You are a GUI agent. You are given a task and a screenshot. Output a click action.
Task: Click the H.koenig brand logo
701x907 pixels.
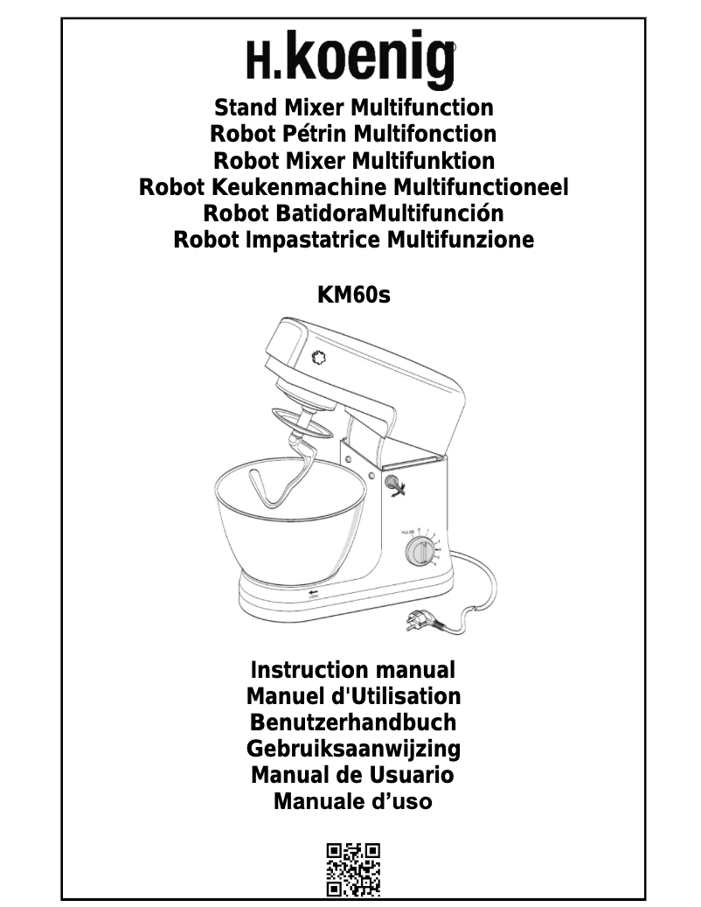pyautogui.click(x=351, y=60)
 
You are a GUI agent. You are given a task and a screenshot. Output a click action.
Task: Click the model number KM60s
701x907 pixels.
pyautogui.click(x=353, y=296)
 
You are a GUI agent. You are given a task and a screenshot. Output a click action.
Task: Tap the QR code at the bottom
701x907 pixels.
pyautogui.click(x=353, y=869)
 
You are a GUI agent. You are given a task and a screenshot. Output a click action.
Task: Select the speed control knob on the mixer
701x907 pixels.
pyautogui.click(x=419, y=553)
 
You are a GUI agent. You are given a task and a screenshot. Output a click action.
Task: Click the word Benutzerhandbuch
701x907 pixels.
pyautogui.click(x=353, y=722)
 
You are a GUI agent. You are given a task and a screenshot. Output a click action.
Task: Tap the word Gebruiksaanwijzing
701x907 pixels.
pyautogui.click(x=353, y=749)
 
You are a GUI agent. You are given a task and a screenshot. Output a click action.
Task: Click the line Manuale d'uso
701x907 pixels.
pyautogui.click(x=353, y=800)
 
